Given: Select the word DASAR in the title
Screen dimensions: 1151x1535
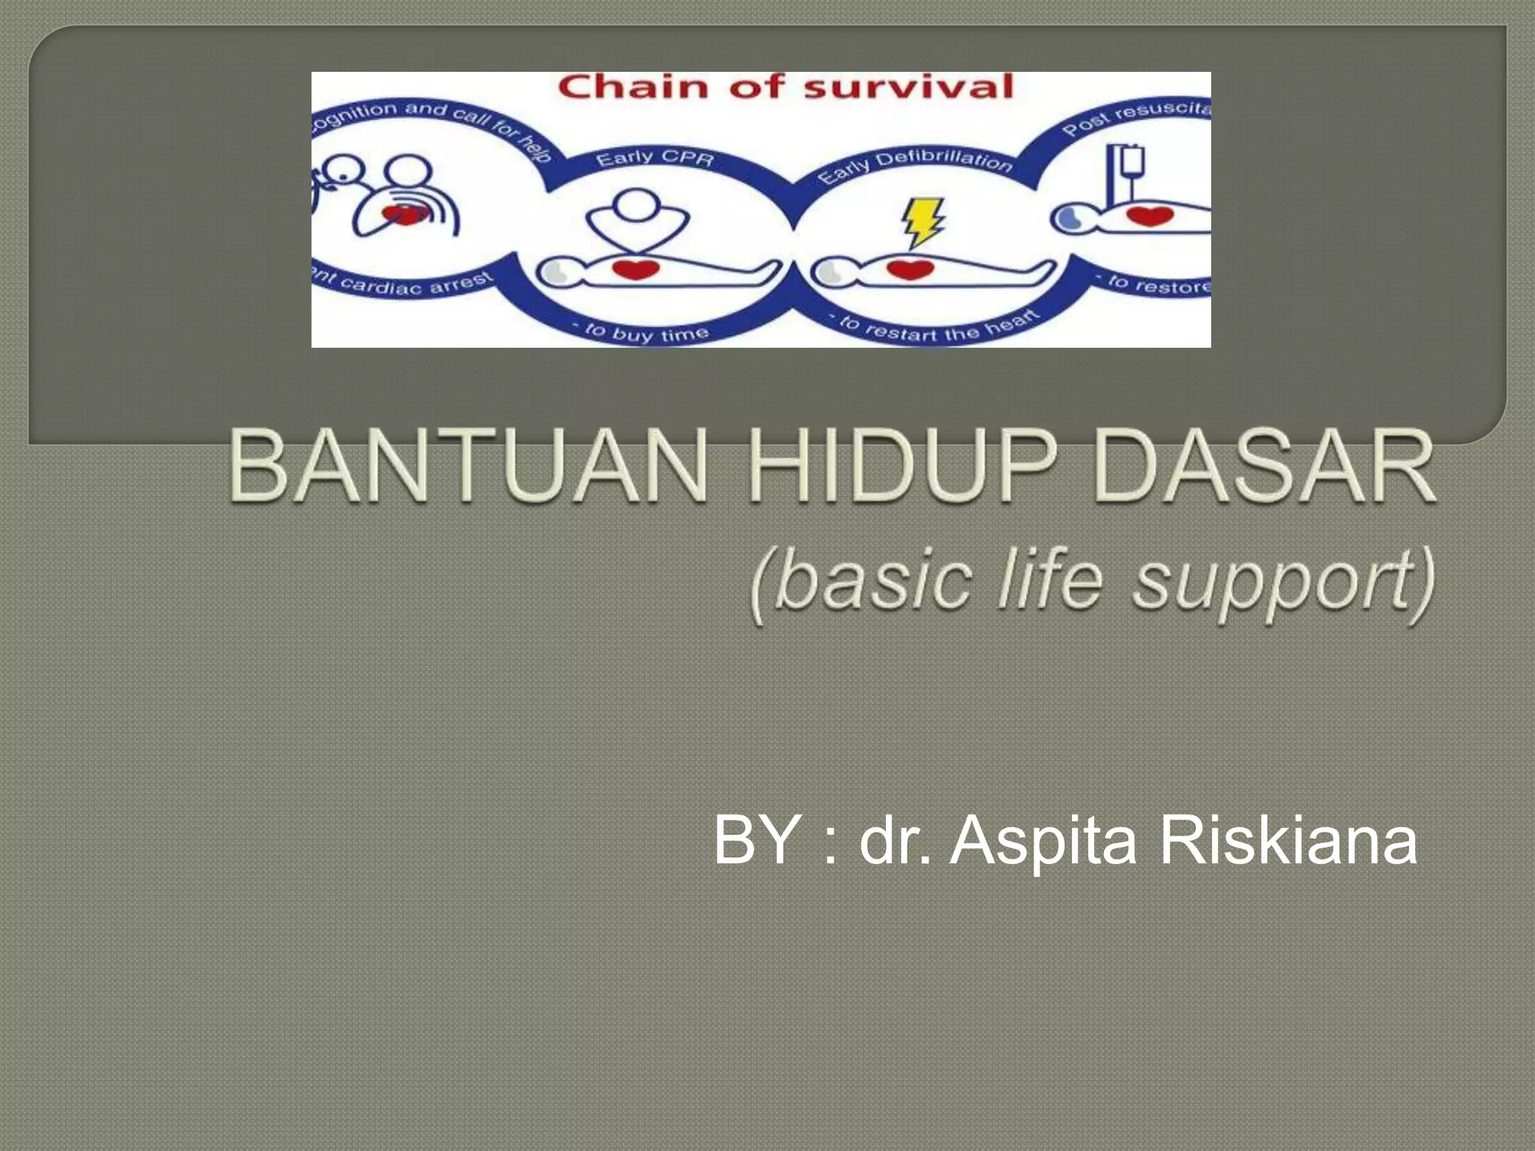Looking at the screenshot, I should click(1264, 466).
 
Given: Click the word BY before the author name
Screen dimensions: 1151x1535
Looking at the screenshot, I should click(756, 840).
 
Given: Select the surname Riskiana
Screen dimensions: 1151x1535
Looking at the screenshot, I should click(1288, 840).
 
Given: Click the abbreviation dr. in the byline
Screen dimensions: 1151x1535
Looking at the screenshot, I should click(895, 840).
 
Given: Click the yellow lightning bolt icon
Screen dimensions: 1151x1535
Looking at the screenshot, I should click(921, 221).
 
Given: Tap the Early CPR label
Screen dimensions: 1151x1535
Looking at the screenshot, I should click(655, 159).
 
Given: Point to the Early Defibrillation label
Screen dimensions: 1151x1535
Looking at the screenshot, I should click(914, 167).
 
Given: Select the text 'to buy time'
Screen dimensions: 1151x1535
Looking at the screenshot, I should click(640, 332).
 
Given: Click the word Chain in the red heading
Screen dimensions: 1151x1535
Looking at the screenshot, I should click(633, 88).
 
